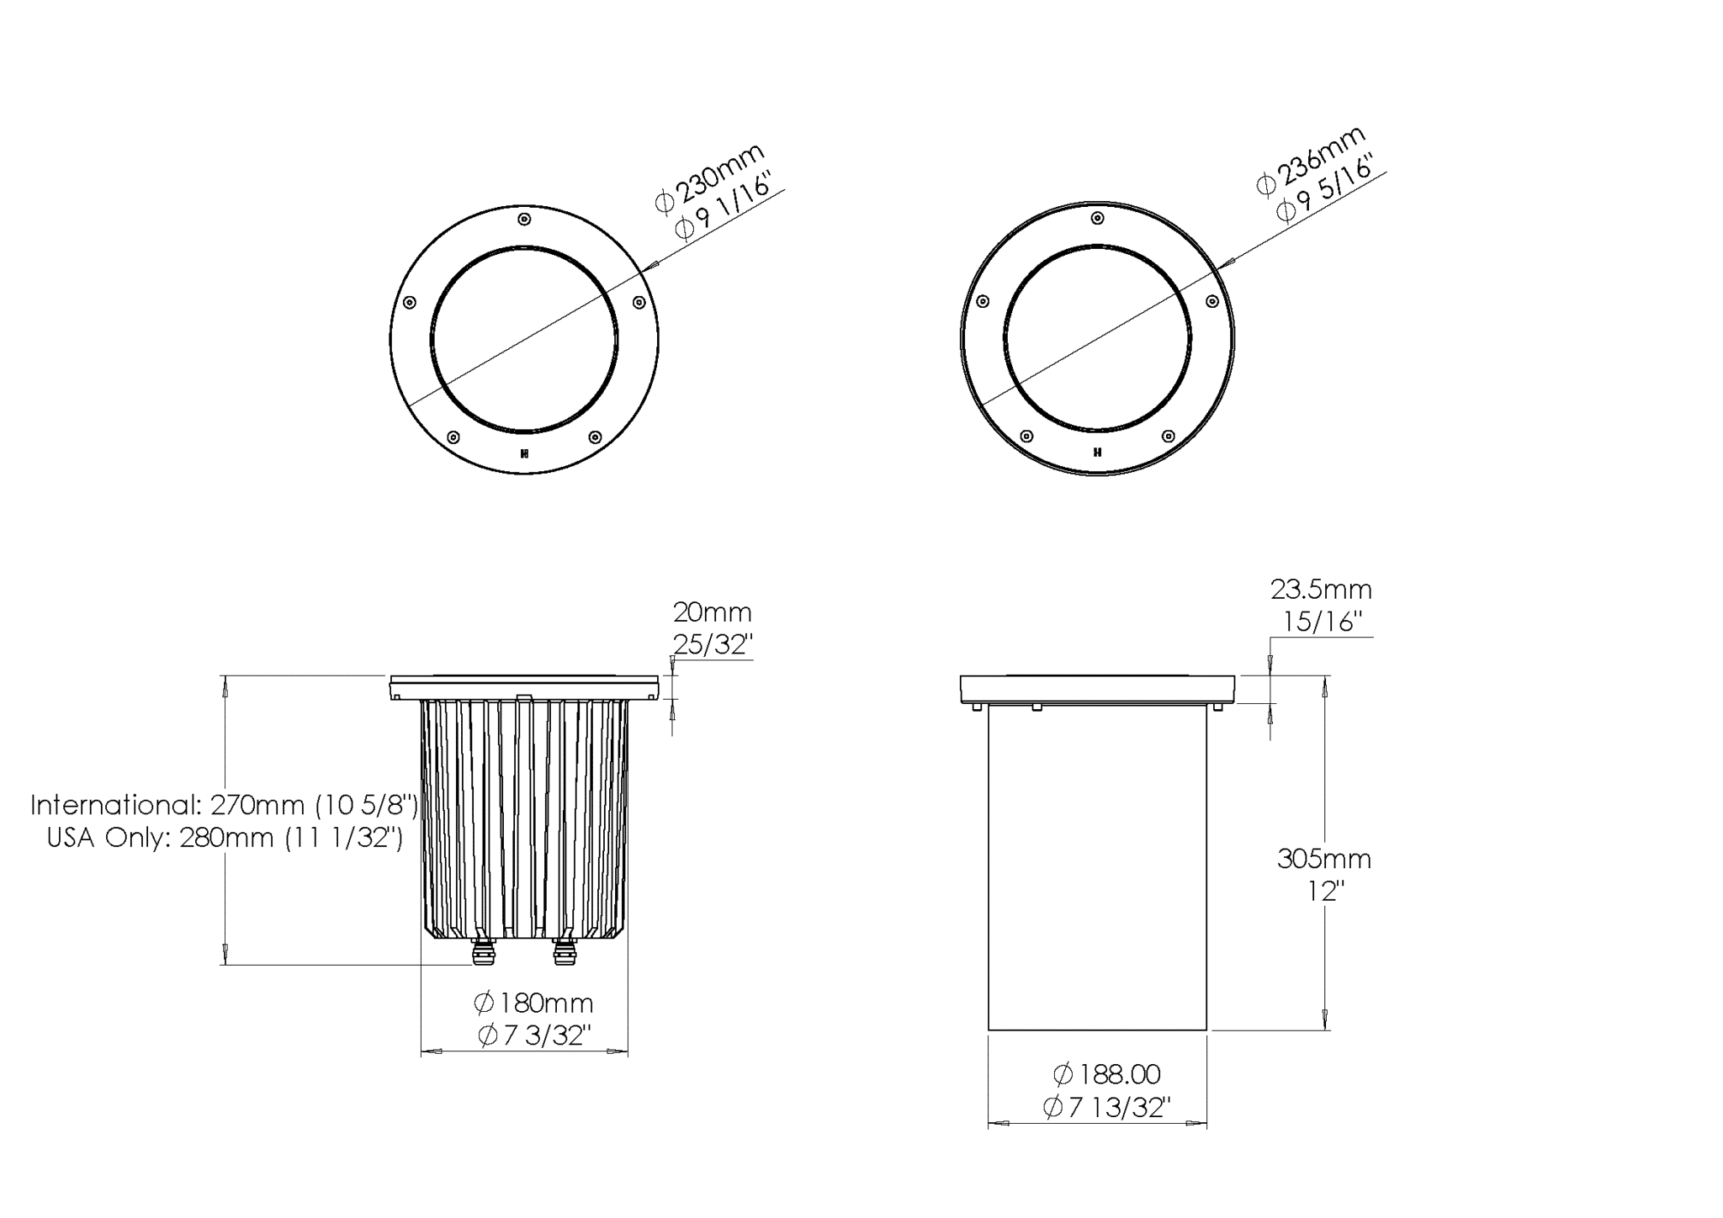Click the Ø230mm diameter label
pyautogui.click(x=710, y=178)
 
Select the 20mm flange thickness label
pyautogui.click(x=712, y=612)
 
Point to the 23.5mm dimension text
pyautogui.click(x=1321, y=590)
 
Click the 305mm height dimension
pyautogui.click(x=1324, y=859)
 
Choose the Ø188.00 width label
pyautogui.click(x=1106, y=1074)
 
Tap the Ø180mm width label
pyautogui.click(x=533, y=1004)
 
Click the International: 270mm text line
pyautogui.click(x=224, y=805)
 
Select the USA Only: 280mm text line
pyautogui.click(x=225, y=838)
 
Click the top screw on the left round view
pyautogui.click(x=524, y=220)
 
